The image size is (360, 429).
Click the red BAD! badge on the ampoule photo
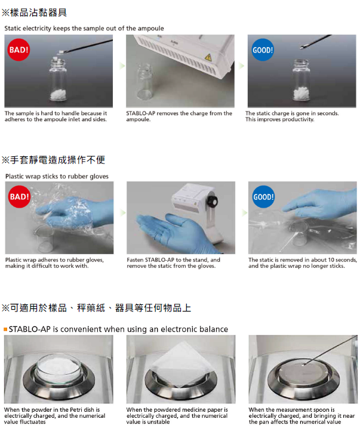point(19,50)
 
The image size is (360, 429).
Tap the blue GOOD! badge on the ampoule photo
point(263,50)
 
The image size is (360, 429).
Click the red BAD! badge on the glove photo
point(19,196)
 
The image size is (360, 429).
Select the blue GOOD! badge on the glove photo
point(263,196)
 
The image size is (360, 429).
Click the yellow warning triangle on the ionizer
point(208,57)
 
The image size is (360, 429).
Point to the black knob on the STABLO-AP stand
point(213,201)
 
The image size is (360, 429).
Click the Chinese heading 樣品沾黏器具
point(38,13)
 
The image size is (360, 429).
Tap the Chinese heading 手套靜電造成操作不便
point(57,160)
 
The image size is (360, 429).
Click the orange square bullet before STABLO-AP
point(5,329)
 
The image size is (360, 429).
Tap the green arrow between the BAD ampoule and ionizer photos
point(122,66)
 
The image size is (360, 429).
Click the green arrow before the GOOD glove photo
point(244,212)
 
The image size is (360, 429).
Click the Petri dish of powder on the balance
point(59,367)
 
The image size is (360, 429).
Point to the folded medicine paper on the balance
point(181,364)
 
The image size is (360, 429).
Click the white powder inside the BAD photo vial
point(59,95)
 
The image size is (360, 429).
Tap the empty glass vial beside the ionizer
point(145,82)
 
